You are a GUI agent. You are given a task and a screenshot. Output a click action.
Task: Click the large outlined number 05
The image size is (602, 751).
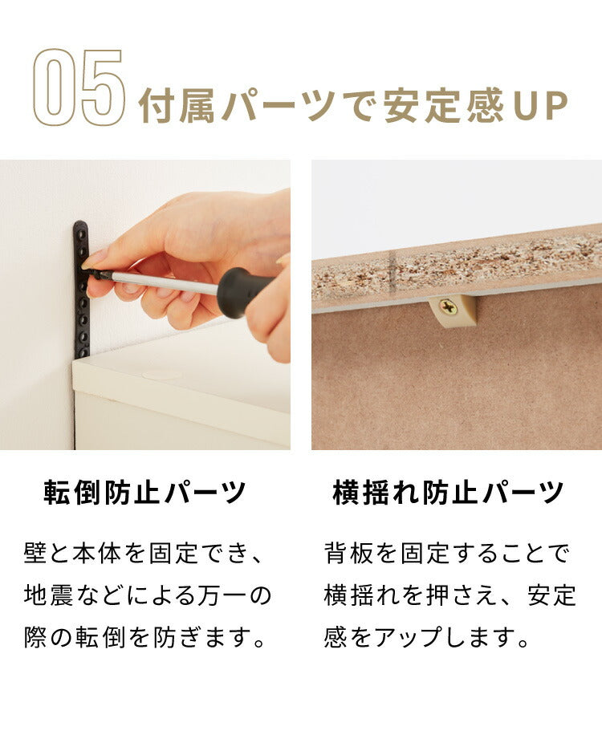point(79,88)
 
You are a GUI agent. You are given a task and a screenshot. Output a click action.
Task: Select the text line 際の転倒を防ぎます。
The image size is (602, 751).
point(145,638)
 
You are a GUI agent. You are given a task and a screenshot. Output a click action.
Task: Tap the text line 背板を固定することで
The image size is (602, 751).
point(446,554)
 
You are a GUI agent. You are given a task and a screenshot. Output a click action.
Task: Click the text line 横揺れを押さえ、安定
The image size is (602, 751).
point(450,595)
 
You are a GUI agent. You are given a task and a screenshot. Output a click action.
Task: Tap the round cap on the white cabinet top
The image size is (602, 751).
point(161,374)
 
